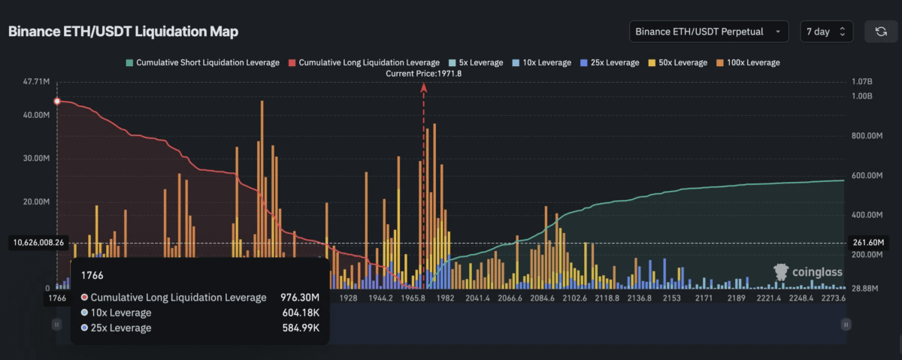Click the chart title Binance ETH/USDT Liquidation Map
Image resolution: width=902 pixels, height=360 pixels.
(123, 32)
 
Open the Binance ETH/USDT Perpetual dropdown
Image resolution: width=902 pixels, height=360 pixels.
(709, 32)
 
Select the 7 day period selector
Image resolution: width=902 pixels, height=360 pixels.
(825, 32)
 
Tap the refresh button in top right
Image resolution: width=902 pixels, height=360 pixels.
(880, 32)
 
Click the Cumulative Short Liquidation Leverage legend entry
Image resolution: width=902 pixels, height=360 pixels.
(202, 62)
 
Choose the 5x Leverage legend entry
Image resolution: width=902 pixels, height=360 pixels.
(476, 62)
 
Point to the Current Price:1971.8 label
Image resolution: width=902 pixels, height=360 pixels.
(423, 73)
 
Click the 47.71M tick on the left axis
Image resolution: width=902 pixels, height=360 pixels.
(37, 81)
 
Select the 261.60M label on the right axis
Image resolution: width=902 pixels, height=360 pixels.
(870, 243)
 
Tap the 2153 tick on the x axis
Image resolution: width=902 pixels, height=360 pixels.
(671, 298)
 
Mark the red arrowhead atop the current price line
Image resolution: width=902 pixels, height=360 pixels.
(423, 87)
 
